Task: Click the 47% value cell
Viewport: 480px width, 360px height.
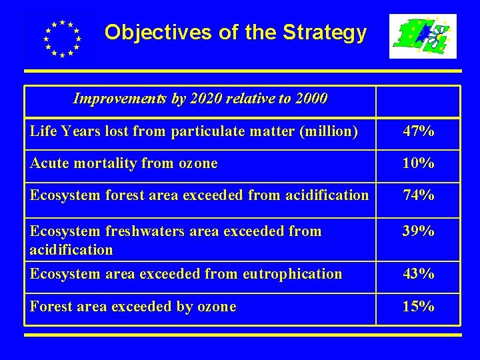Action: click(418, 131)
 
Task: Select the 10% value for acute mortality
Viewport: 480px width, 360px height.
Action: click(418, 163)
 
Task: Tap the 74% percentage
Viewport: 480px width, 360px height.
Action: click(418, 195)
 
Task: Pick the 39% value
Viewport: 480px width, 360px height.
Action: click(418, 231)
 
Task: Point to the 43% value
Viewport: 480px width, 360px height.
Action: click(418, 274)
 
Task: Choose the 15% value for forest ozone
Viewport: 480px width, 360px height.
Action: click(418, 307)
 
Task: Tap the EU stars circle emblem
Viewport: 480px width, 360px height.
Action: click(61, 38)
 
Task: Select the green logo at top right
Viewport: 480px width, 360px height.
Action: click(423, 37)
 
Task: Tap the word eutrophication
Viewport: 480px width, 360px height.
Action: click(293, 274)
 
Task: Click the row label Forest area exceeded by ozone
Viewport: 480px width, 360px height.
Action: click(133, 307)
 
